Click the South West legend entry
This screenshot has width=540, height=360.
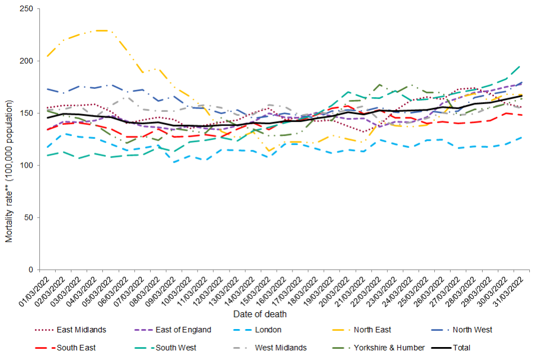[178, 348]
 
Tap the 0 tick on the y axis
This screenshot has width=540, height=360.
[31, 270]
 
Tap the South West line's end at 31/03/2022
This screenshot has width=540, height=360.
[520, 65]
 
